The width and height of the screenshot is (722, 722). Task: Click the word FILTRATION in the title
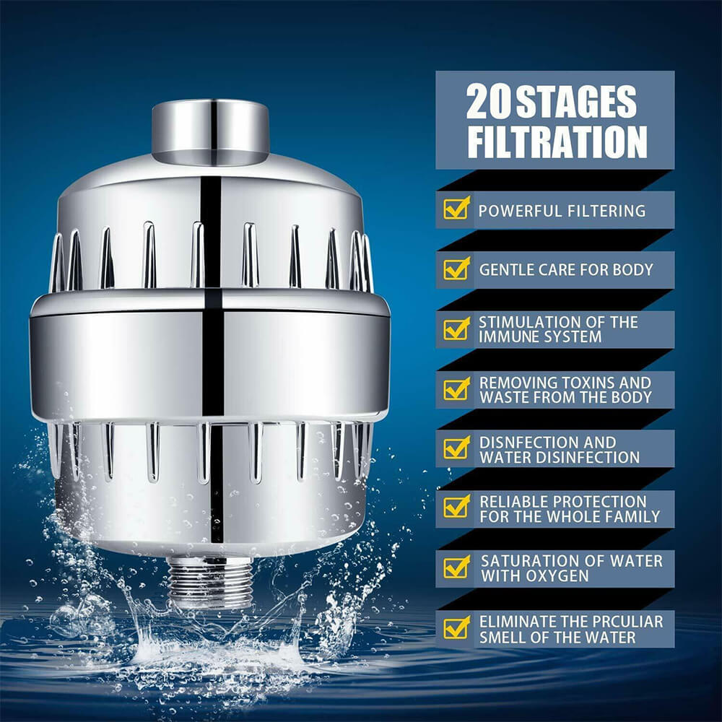(x=556, y=142)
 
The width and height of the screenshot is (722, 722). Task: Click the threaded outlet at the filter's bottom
(x=210, y=582)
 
